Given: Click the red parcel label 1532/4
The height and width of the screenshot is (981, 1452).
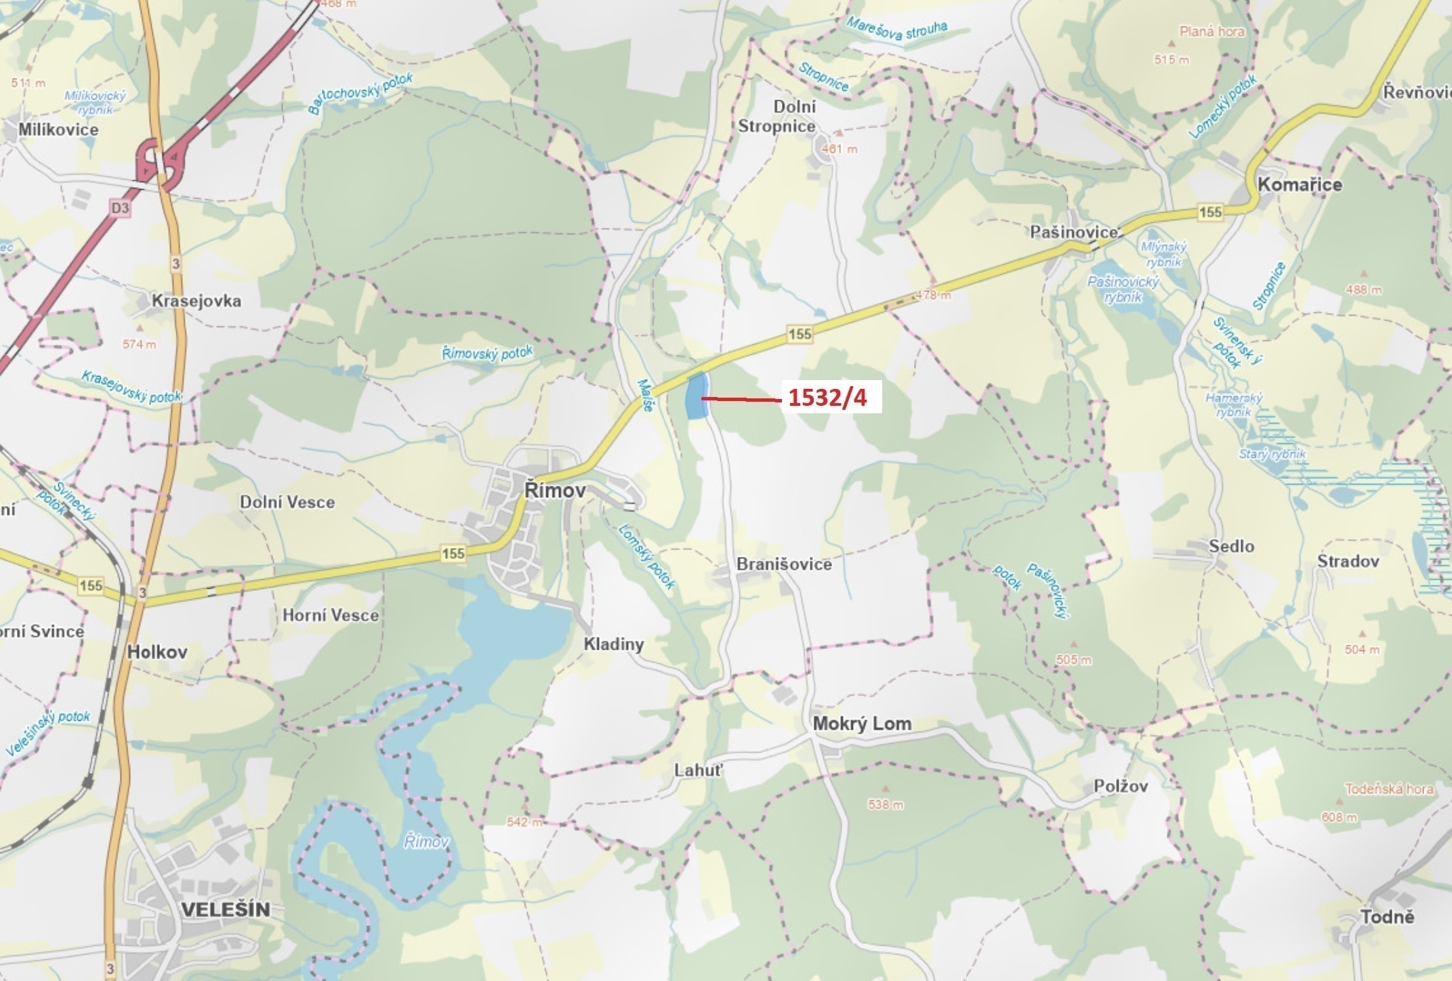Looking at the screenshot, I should click(x=827, y=398).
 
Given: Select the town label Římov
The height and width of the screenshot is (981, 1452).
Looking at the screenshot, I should click(x=555, y=490).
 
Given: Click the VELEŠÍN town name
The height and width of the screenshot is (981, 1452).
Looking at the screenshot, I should click(x=226, y=909).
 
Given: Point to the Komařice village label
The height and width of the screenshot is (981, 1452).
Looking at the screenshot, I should click(x=1299, y=184).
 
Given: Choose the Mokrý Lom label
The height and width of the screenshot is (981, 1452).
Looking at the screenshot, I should click(x=862, y=724).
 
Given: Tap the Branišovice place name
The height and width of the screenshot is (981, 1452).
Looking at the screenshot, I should click(x=784, y=564).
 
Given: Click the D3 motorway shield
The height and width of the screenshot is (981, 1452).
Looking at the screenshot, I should click(x=119, y=208).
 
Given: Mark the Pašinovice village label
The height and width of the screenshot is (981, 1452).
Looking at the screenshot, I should click(x=1073, y=232).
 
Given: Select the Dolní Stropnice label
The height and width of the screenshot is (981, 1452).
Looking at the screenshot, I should click(x=777, y=117).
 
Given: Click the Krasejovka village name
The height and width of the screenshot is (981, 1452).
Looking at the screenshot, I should click(x=196, y=300).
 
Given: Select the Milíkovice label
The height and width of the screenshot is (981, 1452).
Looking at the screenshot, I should click(x=58, y=129).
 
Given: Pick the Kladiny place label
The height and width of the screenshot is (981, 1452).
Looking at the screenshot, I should click(x=613, y=644).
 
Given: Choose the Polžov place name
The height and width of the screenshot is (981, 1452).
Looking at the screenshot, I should click(x=1121, y=786).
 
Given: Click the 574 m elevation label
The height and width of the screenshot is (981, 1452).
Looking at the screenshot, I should click(x=139, y=344).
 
